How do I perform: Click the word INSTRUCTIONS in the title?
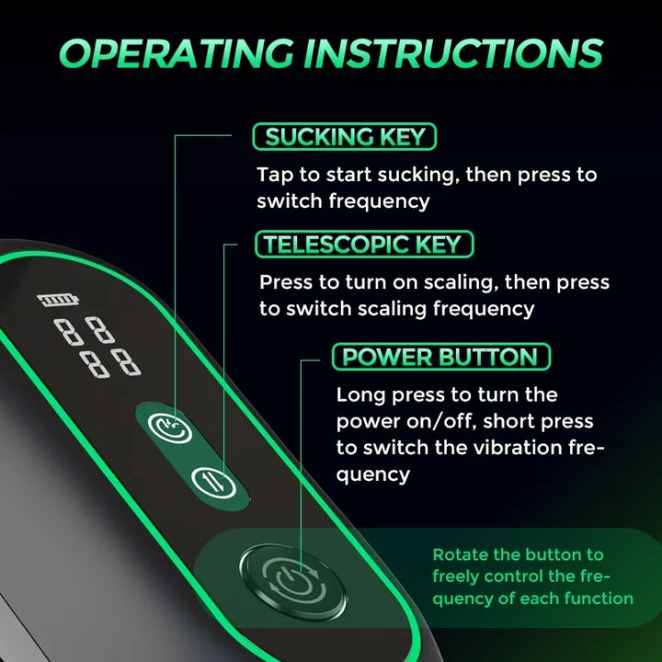click(454, 53)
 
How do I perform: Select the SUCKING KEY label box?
click(345, 136)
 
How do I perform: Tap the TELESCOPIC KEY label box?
click(364, 244)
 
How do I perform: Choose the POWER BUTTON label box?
click(441, 357)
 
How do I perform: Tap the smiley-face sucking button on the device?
click(170, 428)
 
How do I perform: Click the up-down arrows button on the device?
click(213, 483)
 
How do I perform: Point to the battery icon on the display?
click(58, 300)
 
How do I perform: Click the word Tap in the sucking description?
click(275, 175)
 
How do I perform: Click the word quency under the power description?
click(372, 475)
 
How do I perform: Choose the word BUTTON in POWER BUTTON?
click(488, 357)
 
